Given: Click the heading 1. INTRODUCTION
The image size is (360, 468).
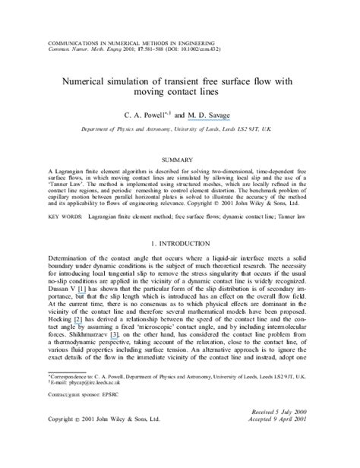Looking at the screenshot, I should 179,244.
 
